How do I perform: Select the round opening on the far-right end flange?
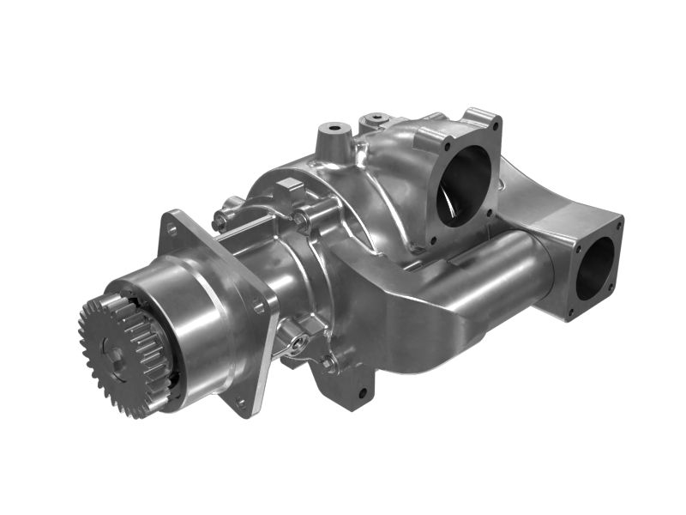(595, 267)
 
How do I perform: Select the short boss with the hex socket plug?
(375, 121)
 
